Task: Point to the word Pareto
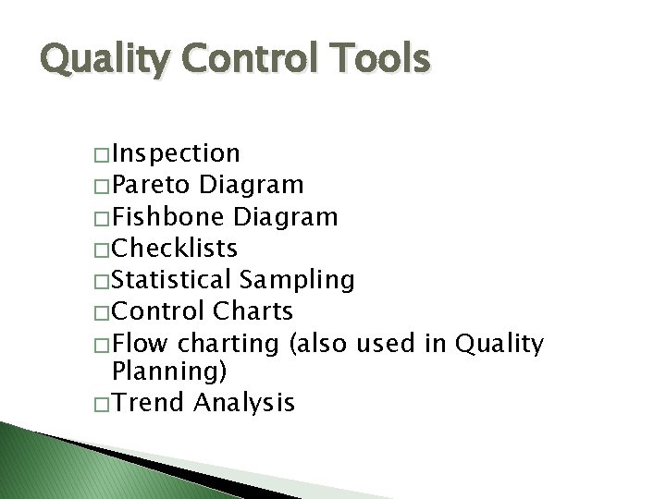154,185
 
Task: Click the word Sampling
297,279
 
